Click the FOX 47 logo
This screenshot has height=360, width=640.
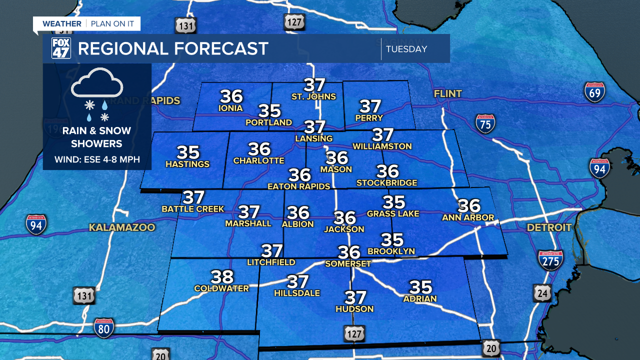point(61,48)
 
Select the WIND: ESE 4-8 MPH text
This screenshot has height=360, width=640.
point(97,160)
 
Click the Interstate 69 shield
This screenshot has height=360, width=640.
point(594,92)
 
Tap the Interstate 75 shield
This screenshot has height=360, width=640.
point(485,123)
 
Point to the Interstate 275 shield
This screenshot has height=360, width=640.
point(550,260)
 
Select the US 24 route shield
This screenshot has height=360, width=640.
point(542,292)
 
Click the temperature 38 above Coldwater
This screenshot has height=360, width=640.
point(222,276)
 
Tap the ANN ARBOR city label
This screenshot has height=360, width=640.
point(468,217)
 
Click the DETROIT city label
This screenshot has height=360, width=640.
point(549,227)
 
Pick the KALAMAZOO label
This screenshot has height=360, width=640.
point(122,227)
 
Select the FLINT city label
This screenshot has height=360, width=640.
point(448,93)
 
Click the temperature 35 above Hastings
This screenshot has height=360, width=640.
point(188,152)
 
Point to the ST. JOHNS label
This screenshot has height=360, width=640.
point(314,96)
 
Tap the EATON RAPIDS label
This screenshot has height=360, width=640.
point(299,186)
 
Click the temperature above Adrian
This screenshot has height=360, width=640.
point(420,287)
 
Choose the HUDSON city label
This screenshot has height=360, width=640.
point(354,309)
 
